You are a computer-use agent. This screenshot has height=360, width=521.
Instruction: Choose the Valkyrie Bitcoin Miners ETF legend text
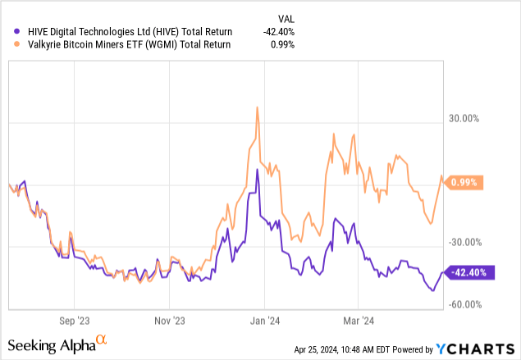pos(123,44)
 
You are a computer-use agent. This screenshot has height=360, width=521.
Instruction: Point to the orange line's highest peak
pos(258,107)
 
